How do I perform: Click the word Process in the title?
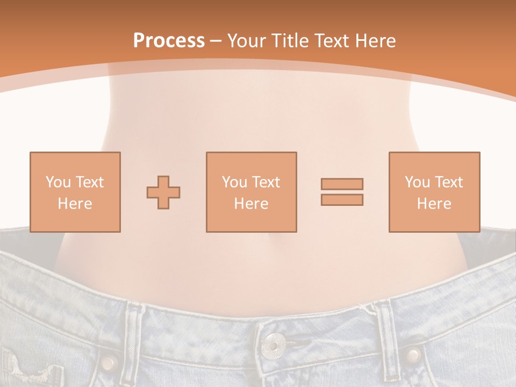click(x=169, y=41)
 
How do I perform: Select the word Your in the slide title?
click(x=247, y=41)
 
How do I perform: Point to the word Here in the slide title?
click(x=374, y=41)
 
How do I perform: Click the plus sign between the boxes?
click(x=163, y=192)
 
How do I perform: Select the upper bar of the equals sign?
click(x=342, y=184)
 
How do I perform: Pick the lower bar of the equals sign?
click(x=342, y=199)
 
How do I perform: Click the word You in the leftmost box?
click(x=58, y=182)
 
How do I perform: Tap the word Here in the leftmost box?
click(x=75, y=204)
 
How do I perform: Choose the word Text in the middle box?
click(x=266, y=182)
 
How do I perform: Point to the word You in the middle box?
click(x=234, y=182)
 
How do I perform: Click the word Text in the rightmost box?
click(x=448, y=182)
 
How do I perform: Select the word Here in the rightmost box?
click(x=434, y=204)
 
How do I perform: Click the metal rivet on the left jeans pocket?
click(x=109, y=361)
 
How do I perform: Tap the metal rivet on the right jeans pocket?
click(x=413, y=355)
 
